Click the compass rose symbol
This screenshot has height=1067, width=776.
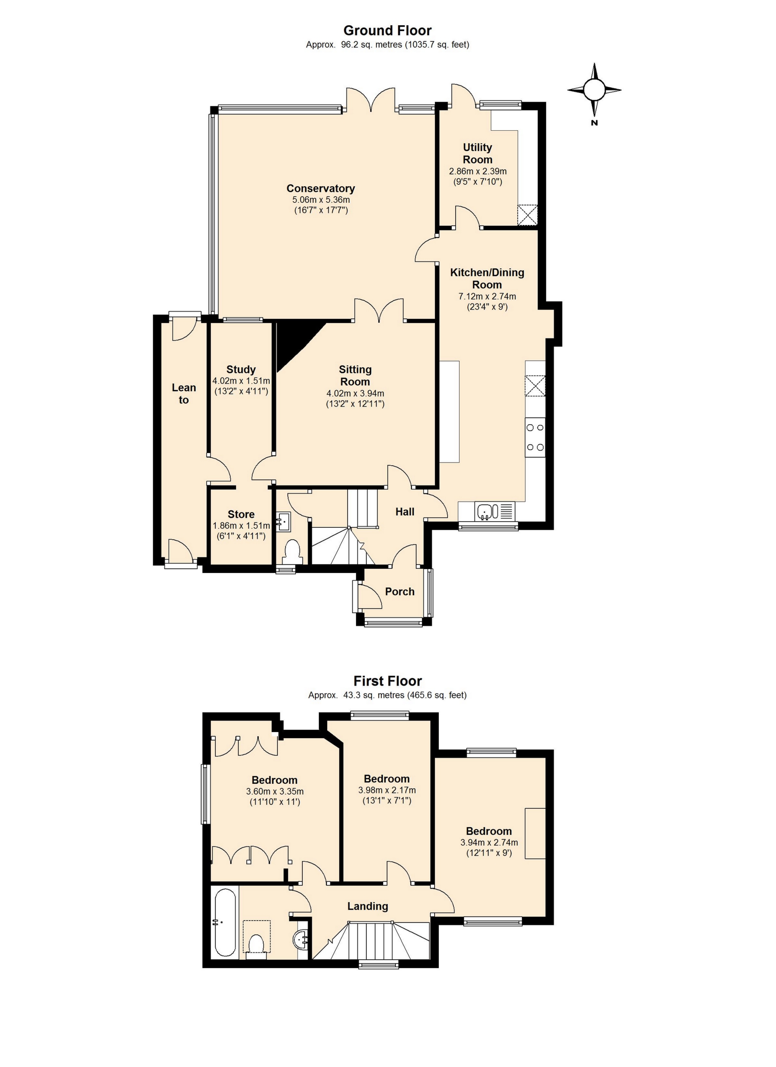[x=594, y=89]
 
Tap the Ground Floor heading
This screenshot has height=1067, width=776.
[x=387, y=31]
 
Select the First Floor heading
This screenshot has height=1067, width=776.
[x=387, y=681]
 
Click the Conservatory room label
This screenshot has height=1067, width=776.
[x=321, y=188]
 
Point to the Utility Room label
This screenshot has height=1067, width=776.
[x=477, y=153]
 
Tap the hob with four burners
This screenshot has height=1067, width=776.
[x=535, y=438]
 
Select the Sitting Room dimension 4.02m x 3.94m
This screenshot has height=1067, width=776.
[x=355, y=393]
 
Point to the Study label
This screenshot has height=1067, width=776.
[x=241, y=369]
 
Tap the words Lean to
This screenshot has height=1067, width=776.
[x=184, y=394]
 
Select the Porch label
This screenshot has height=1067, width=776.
[x=400, y=591]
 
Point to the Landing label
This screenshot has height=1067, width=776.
[x=368, y=906]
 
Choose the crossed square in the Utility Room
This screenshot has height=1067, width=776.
[x=528, y=215]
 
